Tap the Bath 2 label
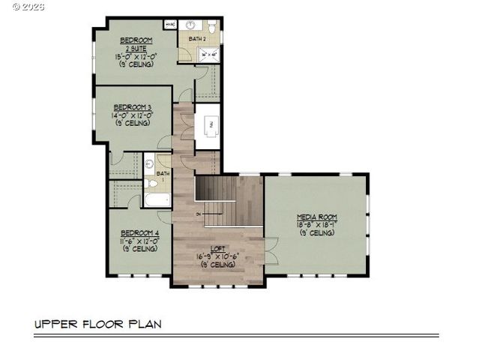[x=196, y=37]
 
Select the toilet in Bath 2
[x=213, y=27]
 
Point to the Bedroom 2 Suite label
[x=136, y=43]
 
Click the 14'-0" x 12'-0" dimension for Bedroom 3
[x=133, y=115]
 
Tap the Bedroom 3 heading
[x=133, y=107]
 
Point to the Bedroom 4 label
[x=139, y=233]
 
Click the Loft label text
[x=217, y=248]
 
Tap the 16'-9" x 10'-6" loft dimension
[x=217, y=256]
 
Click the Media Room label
[x=317, y=217]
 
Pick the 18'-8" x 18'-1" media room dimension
[x=317, y=224]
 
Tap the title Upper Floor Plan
[x=97, y=325]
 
